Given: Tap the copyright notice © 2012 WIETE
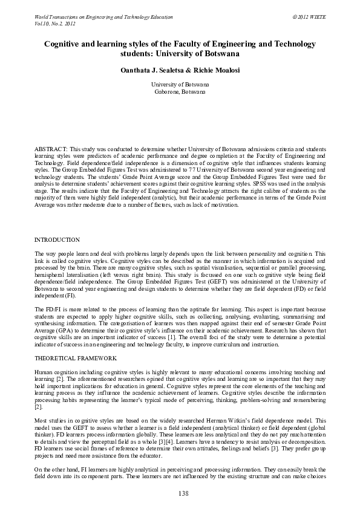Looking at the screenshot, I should tap(309, 18).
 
